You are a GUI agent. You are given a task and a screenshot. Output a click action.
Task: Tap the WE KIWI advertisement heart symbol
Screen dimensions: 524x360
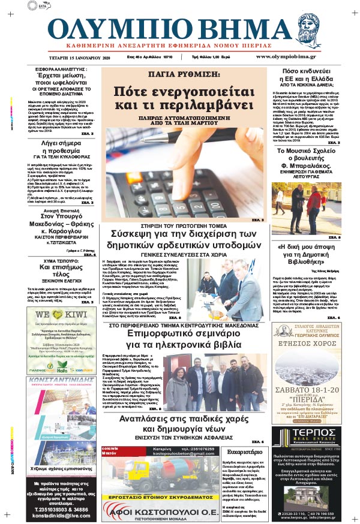(50, 314)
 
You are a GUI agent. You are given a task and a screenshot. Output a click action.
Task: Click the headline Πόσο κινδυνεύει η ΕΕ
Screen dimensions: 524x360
(307, 76)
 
